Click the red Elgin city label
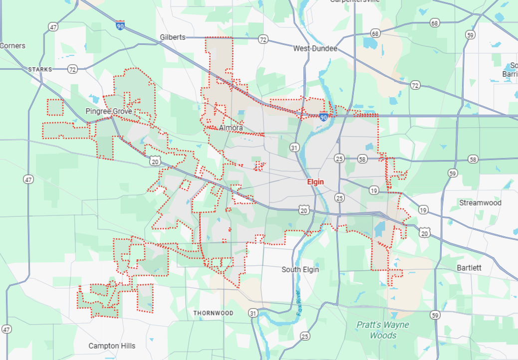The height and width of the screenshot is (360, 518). point(315,182)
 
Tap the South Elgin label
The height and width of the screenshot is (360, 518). point(300,269)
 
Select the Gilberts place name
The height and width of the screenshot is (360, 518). point(173,37)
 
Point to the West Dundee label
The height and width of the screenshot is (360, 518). point(315,48)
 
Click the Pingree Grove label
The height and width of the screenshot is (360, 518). point(109,111)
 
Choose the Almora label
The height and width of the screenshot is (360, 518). point(231,128)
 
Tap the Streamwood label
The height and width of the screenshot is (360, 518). point(480,203)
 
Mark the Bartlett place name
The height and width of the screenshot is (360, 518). point(469,268)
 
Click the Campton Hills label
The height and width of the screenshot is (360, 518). point(112,346)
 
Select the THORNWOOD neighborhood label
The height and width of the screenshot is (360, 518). point(213,313)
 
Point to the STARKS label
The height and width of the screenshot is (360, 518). point(40,69)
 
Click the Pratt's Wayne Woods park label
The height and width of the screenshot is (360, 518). point(383,330)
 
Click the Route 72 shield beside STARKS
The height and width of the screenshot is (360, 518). point(73,69)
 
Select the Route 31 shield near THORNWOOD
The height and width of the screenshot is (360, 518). point(254,313)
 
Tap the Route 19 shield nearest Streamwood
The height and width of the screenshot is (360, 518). point(423,209)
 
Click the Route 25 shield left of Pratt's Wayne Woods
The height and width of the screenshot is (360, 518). point(305,336)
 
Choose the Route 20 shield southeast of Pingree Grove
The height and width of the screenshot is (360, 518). point(155,161)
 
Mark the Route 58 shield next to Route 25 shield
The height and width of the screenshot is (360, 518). point(362,159)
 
